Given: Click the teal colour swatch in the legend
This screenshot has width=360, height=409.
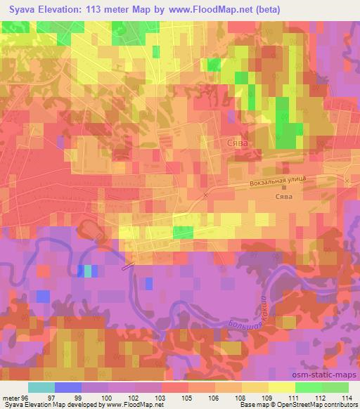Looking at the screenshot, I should click(x=41, y=387).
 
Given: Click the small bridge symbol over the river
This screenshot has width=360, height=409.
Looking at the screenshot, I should click(x=127, y=265).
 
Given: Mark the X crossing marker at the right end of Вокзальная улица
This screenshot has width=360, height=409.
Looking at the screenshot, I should click(x=347, y=181).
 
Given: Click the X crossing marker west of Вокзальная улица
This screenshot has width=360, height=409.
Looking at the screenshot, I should click(x=205, y=195).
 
